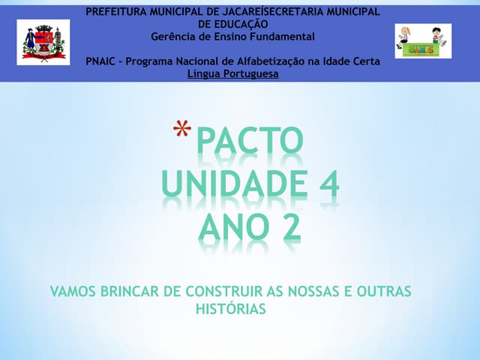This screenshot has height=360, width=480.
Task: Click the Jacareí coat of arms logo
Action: pyautogui.click(x=43, y=42)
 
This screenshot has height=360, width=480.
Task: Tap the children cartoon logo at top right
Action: pyautogui.click(x=423, y=41)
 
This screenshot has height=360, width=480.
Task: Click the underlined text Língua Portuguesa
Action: pyautogui.click(x=232, y=73)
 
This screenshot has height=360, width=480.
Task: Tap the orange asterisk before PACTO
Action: pyautogui.click(x=181, y=132)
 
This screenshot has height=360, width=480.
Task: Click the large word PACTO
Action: pyautogui.click(x=250, y=142)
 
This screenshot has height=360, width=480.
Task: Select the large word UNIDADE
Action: pyautogui.click(x=229, y=184)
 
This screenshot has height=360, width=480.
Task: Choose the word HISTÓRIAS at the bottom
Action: pyautogui.click(x=231, y=308)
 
